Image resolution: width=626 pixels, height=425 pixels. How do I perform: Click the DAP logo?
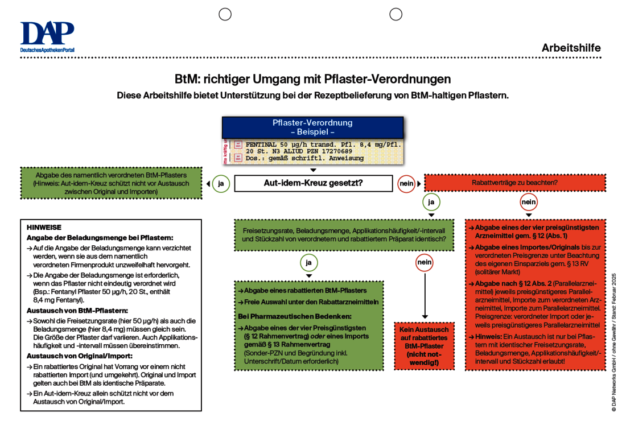tap(47, 36)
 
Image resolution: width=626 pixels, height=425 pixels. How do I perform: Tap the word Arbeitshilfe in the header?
tap(571, 48)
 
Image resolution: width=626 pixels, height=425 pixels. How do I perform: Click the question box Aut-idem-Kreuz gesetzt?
tap(313, 183)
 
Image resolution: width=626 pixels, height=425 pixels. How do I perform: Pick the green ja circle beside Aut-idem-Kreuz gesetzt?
tap(221, 184)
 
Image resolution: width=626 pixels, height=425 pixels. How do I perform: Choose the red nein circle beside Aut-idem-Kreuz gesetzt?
tap(406, 184)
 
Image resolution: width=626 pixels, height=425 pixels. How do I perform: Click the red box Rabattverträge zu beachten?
tap(514, 183)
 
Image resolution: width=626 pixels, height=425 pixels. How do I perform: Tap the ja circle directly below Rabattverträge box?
tap(431, 202)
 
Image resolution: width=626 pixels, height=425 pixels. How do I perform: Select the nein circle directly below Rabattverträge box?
tap(529, 202)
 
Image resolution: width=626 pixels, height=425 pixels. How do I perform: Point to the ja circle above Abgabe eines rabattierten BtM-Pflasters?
tap(308, 263)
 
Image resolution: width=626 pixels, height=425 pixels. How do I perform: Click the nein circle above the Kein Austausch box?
tap(425, 263)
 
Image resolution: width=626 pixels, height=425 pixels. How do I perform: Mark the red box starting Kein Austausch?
tap(425, 345)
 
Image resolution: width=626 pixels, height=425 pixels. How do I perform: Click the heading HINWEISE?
tap(44, 227)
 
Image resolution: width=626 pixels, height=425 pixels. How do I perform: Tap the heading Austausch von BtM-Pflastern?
tap(77, 311)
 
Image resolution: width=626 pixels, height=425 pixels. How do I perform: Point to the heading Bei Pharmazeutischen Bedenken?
tap(294, 316)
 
